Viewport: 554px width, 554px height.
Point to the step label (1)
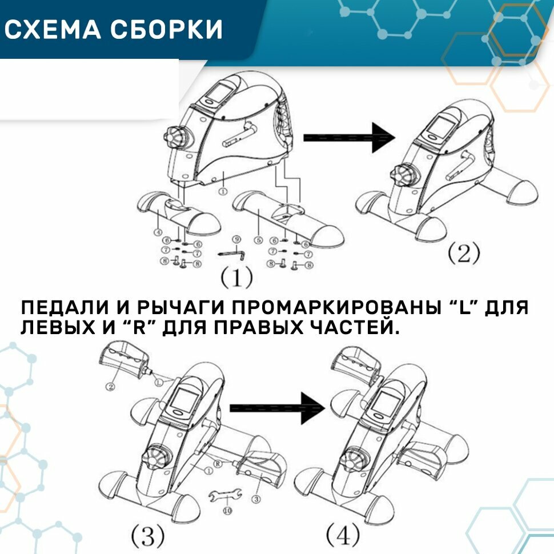236,278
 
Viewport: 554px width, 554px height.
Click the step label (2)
462,253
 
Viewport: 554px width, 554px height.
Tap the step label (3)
148,536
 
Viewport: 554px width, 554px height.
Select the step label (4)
343,536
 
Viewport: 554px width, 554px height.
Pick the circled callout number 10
227,511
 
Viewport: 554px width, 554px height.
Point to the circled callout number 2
111,387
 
